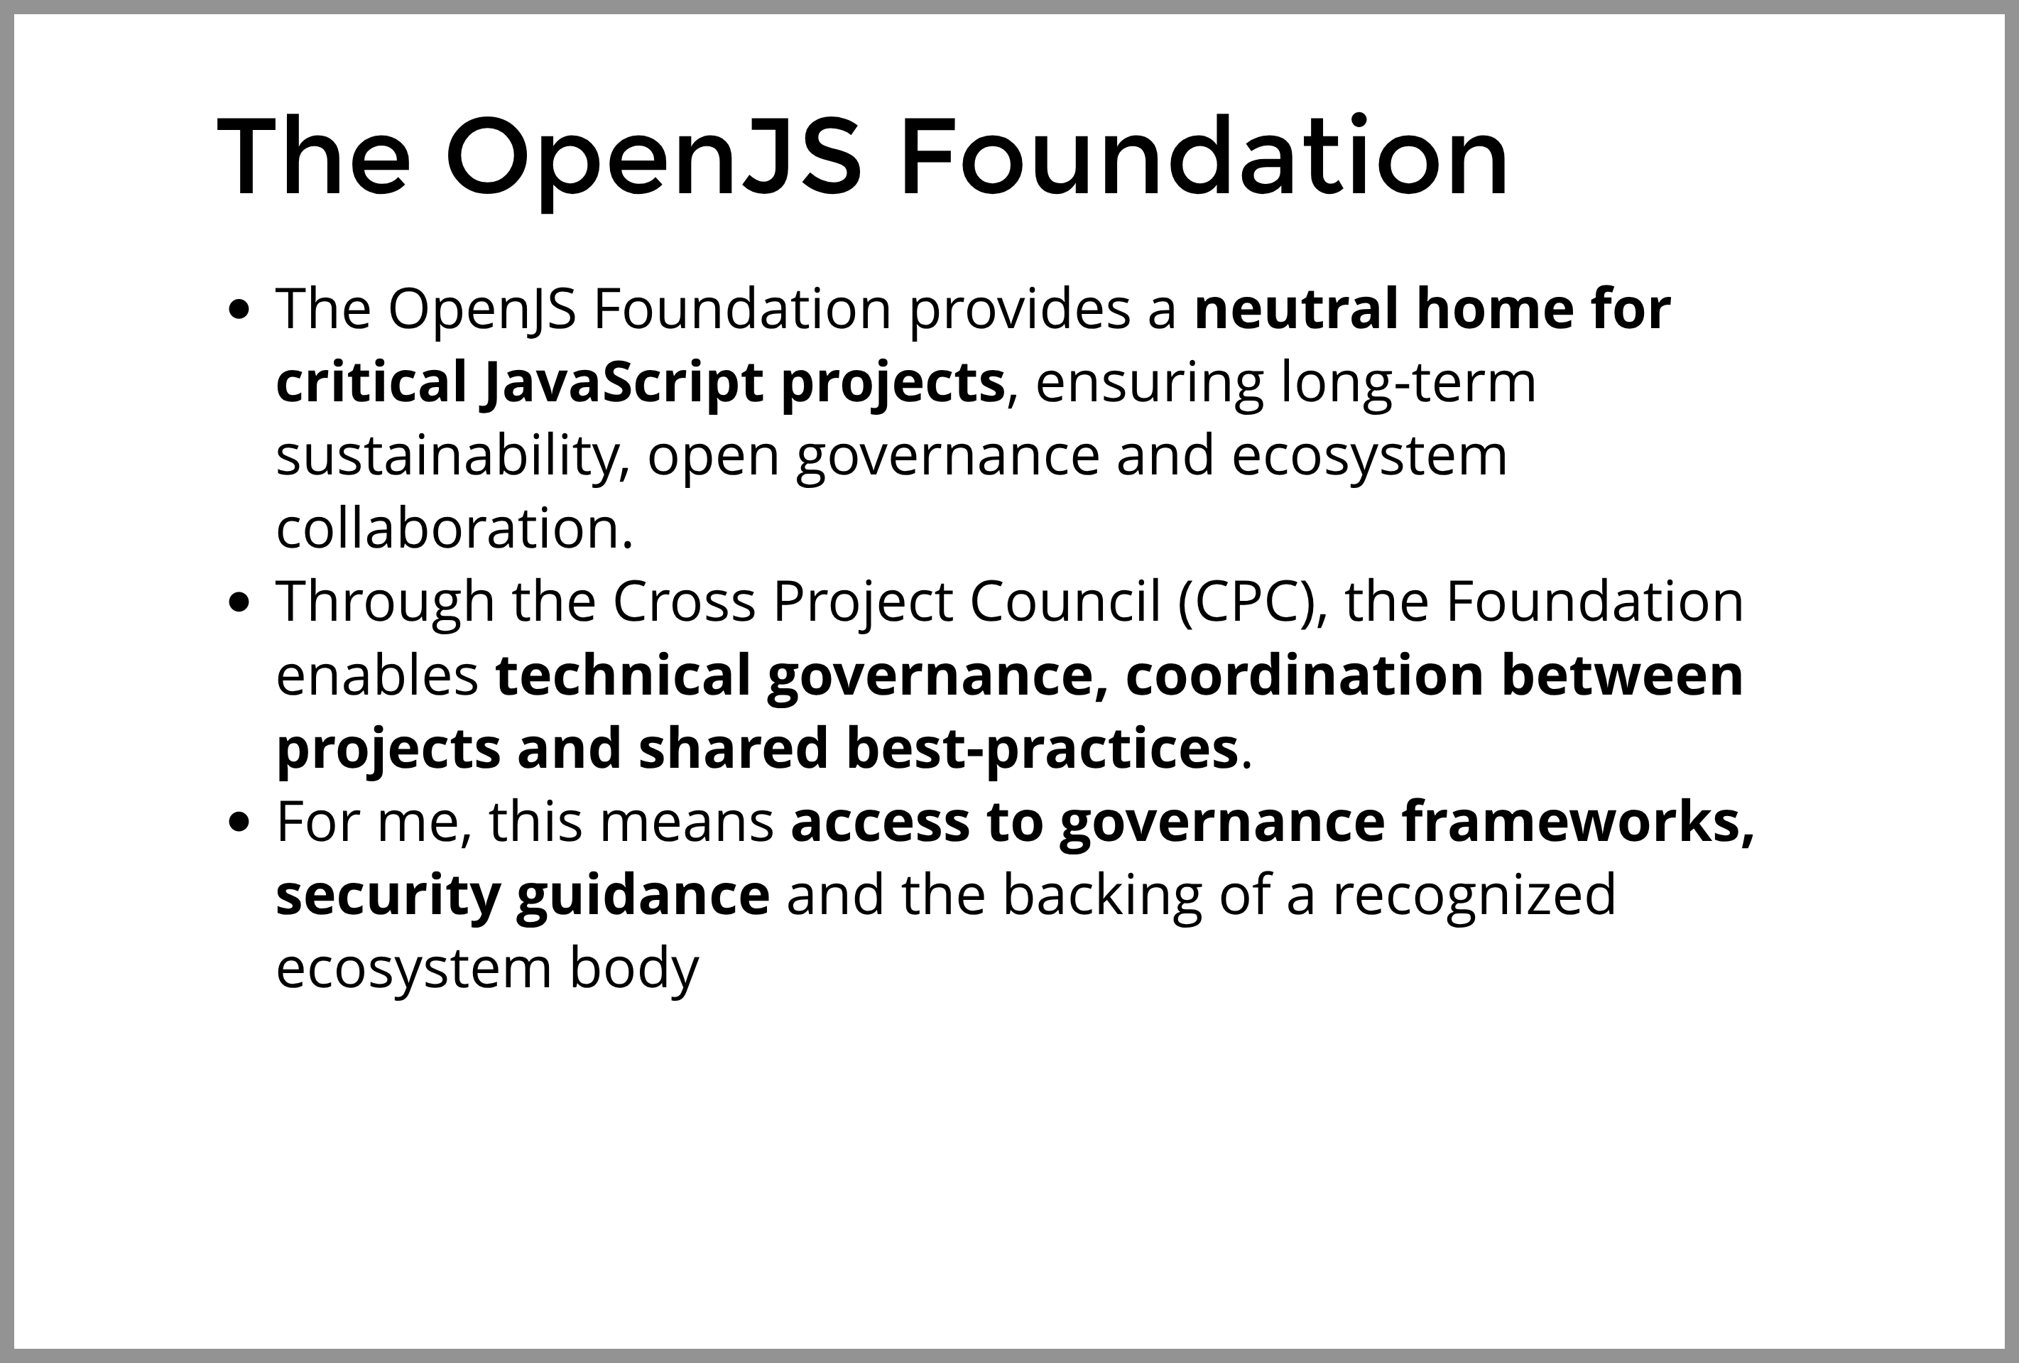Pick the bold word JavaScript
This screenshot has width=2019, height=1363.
tap(622, 382)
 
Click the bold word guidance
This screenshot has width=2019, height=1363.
tap(642, 896)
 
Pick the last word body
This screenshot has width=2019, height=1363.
tap(633, 968)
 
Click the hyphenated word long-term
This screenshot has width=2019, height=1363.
tap(1408, 382)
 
